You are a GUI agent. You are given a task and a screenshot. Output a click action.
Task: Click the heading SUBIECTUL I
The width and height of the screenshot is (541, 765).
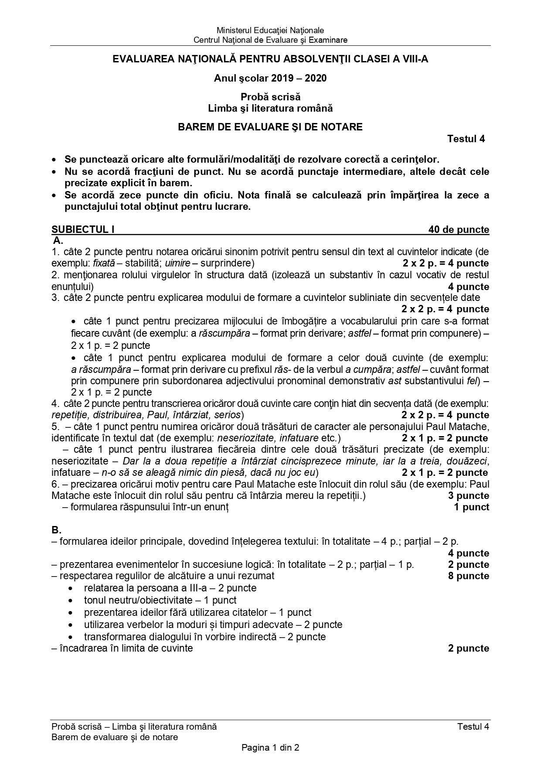tap(83, 229)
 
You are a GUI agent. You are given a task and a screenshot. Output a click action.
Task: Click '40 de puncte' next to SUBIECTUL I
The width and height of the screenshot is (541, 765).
tap(459, 229)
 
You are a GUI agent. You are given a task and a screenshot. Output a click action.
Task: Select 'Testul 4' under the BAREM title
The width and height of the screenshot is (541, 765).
tap(466, 139)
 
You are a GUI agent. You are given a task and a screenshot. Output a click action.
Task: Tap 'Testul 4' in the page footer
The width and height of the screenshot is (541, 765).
tap(473, 726)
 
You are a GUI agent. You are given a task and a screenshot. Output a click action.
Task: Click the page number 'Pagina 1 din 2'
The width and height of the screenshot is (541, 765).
tap(270, 748)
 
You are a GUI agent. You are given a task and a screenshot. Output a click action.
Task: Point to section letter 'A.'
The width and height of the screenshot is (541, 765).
tap(58, 240)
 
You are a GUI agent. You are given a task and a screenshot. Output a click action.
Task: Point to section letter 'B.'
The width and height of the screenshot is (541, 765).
tap(56, 530)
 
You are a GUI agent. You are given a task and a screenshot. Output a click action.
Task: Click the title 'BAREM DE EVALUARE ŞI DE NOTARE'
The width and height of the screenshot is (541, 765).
tap(270, 127)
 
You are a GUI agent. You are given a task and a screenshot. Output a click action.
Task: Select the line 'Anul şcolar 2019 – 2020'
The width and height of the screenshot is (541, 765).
tap(270, 78)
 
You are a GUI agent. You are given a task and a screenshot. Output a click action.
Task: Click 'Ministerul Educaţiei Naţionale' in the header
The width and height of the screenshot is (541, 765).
tap(270, 30)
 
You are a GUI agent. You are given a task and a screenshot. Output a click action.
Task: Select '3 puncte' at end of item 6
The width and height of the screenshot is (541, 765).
tap(468, 495)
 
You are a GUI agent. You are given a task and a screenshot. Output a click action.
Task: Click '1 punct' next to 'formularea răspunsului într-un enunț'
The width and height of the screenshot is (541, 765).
tap(471, 507)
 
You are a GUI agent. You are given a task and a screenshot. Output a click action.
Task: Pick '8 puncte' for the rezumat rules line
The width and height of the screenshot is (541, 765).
tap(468, 576)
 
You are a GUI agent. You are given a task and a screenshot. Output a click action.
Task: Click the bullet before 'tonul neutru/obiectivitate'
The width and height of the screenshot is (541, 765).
tap(71, 601)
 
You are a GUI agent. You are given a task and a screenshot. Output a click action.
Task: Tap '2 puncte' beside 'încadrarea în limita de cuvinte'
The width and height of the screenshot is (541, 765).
tap(468, 648)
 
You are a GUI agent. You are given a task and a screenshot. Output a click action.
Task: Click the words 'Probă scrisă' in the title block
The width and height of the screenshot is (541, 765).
tap(270, 97)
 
